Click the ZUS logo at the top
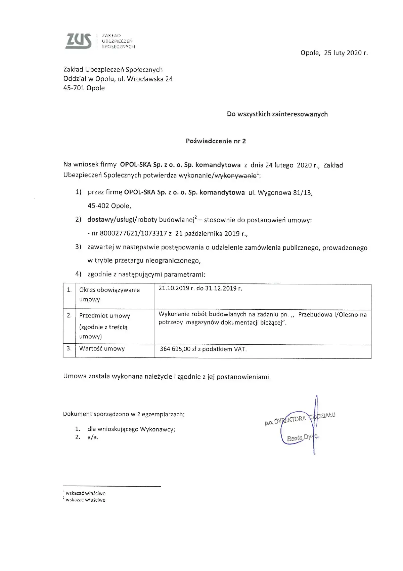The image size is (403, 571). pos(79,41)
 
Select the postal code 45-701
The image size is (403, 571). pos(74,88)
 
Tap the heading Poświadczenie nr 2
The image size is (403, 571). pos(216,141)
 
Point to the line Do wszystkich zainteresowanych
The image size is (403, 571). pos(277,114)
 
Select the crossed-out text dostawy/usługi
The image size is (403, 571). pos(111,220)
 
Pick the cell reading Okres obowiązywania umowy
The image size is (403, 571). pos(109,295)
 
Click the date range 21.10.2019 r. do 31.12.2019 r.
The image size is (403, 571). pos(200,289)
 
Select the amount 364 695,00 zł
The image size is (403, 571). pos(178,349)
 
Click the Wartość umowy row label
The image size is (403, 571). pos(102,349)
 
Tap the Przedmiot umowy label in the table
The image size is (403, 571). pos(104,316)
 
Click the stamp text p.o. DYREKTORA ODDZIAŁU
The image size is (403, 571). pos(300,419)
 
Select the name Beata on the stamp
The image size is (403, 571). pos(295,438)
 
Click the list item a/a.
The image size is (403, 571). pos(93,437)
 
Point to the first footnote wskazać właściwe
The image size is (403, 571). pos(85,493)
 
